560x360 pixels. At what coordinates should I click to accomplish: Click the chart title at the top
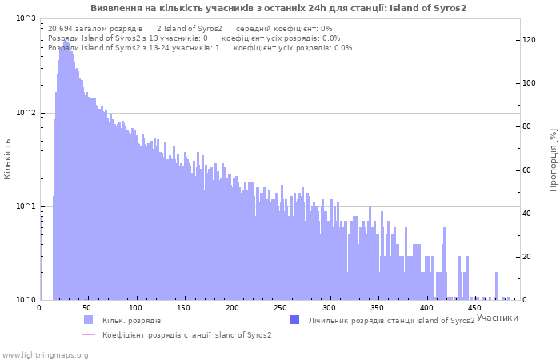(278, 8)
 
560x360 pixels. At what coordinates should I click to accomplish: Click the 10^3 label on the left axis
(26, 18)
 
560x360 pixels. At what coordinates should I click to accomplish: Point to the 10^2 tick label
(26, 113)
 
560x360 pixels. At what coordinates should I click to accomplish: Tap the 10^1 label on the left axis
(26, 206)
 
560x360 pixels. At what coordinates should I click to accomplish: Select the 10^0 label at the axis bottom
(26, 300)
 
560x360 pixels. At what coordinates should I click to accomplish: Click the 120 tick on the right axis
(529, 40)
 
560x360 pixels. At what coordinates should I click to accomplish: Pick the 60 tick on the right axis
(526, 170)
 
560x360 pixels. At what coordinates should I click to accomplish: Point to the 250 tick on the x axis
(280, 308)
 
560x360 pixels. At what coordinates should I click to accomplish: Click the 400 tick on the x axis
(426, 308)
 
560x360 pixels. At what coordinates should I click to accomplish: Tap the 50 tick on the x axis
(86, 308)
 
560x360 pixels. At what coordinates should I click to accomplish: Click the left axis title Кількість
(7, 159)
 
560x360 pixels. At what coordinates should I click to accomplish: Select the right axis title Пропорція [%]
(553, 160)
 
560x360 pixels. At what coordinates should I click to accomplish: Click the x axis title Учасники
(497, 318)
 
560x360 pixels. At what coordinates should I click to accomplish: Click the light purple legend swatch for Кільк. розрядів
(88, 320)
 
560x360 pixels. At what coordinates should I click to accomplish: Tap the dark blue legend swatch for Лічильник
(294, 320)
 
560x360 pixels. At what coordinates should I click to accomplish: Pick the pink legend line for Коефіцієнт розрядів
(88, 334)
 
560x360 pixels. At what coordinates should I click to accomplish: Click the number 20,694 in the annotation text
(60, 29)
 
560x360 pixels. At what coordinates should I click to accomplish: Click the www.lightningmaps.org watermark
(45, 355)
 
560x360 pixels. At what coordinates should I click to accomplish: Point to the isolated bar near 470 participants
(496, 286)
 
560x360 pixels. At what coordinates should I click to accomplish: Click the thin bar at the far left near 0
(41, 258)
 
